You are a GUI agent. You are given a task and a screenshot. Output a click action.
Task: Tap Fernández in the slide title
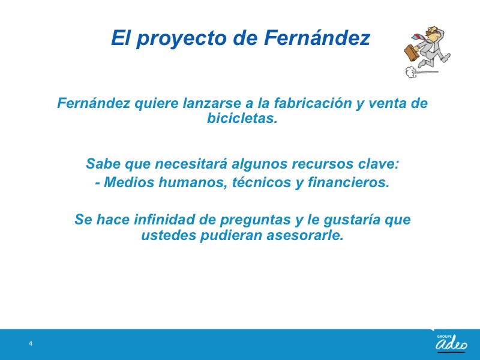[x=317, y=38]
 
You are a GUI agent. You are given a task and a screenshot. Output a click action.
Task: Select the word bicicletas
[x=242, y=118]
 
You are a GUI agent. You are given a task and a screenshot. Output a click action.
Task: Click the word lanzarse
[x=212, y=103]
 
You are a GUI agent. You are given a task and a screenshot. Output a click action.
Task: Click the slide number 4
[x=31, y=343]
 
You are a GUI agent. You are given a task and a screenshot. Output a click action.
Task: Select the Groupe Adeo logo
[x=452, y=342]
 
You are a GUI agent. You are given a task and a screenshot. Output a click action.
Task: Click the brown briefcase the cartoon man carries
[x=412, y=53]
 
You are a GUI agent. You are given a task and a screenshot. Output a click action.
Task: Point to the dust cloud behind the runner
[x=411, y=72]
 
